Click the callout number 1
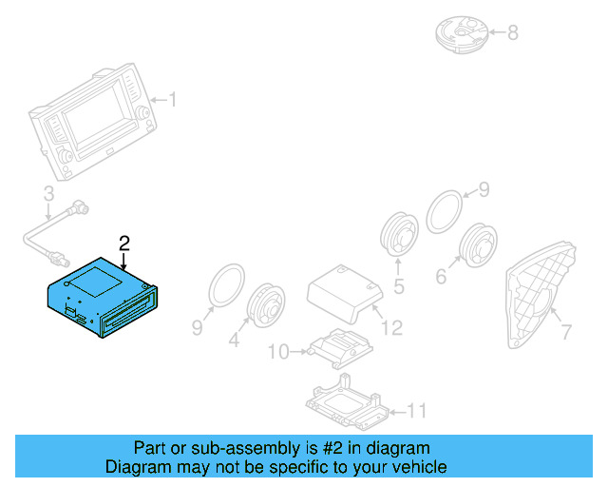tap(172, 99)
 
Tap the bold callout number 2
tap(123, 243)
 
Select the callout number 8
tap(512, 33)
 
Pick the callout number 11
tap(417, 411)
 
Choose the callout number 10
tap(277, 352)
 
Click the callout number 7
tap(566, 333)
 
